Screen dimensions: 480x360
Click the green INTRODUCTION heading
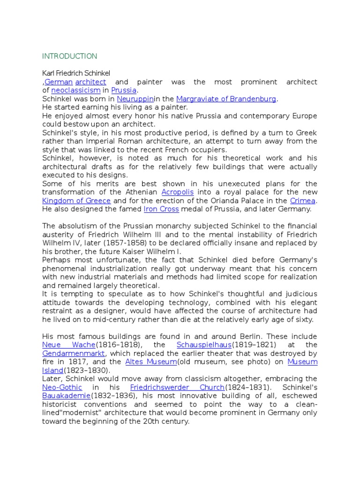tap(70, 56)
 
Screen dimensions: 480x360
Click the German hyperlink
tap(58, 82)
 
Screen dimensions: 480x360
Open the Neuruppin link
tap(135, 99)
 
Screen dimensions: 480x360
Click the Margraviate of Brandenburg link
tap(226, 99)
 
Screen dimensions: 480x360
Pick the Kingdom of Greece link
tap(76, 201)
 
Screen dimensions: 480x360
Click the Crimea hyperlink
tap(303, 201)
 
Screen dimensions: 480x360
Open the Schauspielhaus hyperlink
tap(204, 345)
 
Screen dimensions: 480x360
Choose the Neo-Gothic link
tap(62, 387)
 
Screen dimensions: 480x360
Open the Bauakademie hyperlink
tap(61, 396)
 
